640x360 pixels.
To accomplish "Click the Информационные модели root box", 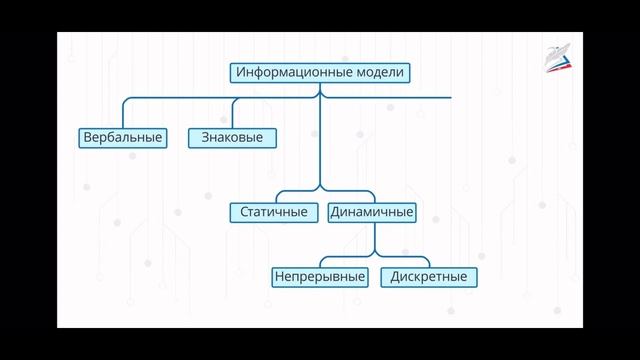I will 320,73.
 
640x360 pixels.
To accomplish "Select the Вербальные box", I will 121,137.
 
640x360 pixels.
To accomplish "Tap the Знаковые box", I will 232,137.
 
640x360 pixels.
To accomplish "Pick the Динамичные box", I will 371,212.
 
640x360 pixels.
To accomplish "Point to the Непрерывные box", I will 319,276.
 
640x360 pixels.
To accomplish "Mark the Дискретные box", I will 429,276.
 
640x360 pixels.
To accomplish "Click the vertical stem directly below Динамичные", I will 374,236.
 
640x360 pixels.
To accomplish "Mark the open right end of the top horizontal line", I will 451,98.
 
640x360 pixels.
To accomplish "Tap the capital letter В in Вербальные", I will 87,137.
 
